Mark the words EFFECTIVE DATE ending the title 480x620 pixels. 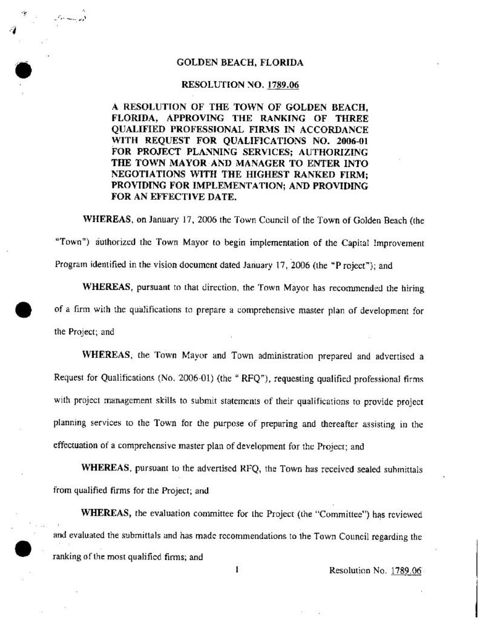[x=187, y=196]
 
